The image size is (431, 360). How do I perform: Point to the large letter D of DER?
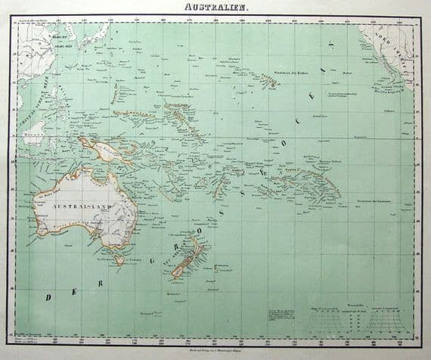[50, 297]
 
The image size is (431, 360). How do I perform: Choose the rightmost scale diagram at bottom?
[389, 324]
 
